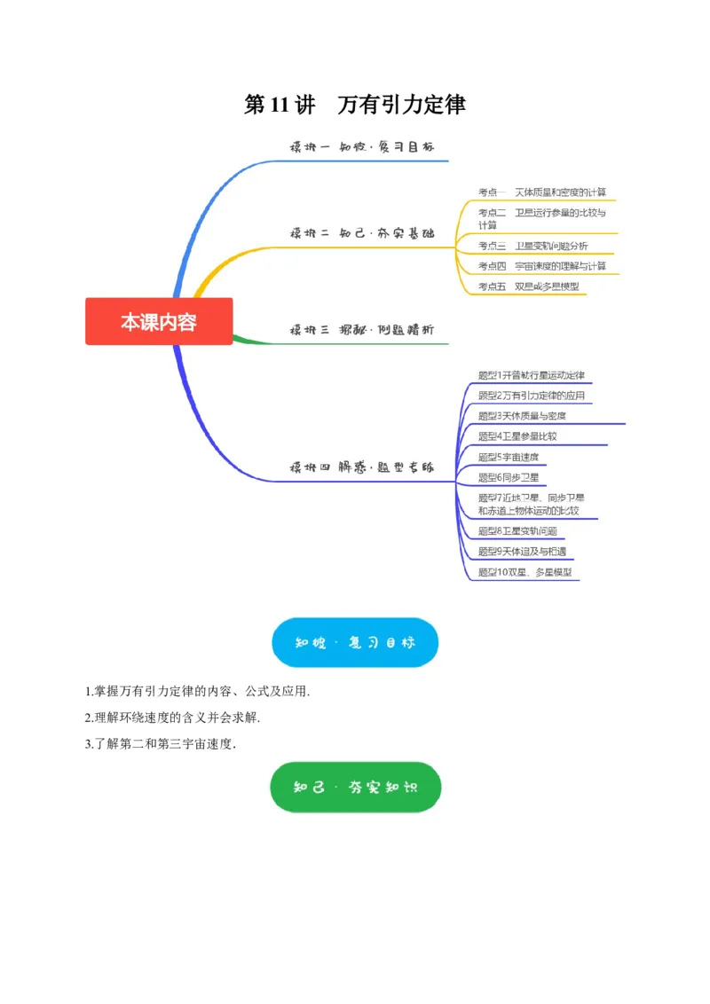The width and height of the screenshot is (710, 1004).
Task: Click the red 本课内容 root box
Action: point(159,321)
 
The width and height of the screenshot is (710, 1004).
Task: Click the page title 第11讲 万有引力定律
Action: point(355,105)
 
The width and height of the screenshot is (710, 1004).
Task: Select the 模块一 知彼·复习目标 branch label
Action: point(362,146)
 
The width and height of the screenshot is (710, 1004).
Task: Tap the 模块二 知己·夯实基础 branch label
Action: point(362,233)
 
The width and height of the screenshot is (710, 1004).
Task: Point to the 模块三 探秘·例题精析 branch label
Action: point(362,329)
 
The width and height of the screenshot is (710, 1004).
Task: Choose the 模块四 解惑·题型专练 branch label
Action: point(362,467)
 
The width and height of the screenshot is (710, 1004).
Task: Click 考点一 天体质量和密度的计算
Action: point(542,192)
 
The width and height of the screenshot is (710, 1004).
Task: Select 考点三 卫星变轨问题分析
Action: point(532,246)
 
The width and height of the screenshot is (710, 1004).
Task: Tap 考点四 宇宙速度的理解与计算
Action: point(542,266)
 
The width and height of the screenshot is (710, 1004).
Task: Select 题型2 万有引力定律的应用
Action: point(531,396)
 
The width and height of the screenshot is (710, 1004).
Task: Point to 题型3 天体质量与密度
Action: point(522,415)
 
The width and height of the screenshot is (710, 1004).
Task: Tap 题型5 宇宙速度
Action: point(508,457)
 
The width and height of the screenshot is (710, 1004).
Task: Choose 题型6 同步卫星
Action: point(508,477)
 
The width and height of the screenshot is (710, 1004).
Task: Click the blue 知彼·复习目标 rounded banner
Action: point(355,642)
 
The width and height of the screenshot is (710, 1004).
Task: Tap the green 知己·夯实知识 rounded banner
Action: point(355,787)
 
